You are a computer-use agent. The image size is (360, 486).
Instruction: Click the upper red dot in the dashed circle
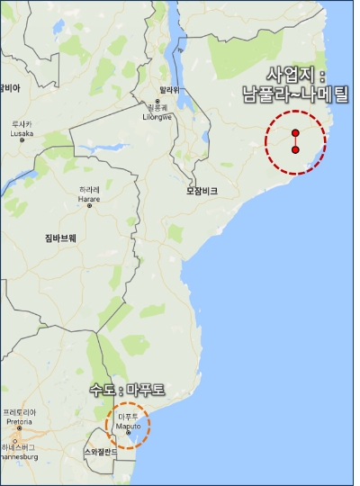tap(295, 132)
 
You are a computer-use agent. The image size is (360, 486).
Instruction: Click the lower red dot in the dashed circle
tap(295, 150)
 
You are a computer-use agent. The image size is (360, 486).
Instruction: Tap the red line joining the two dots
tap(295, 141)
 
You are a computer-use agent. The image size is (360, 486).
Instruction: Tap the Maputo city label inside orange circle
tap(128, 420)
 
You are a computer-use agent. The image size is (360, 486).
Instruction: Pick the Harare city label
tap(89, 194)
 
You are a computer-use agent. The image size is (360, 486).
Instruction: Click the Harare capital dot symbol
tap(89, 206)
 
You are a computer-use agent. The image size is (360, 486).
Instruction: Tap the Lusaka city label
tap(22, 128)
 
